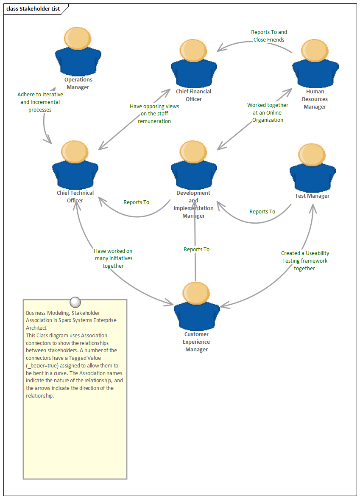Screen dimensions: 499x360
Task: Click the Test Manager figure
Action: pyautogui.click(x=313, y=166)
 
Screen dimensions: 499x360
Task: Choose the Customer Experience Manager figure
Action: pyautogui.click(x=197, y=306)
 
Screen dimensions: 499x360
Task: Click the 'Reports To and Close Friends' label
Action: pyautogui.click(x=269, y=36)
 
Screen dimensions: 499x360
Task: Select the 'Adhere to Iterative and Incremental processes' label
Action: pyautogui.click(x=40, y=102)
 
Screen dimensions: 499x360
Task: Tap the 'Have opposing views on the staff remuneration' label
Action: pyautogui.click(x=154, y=114)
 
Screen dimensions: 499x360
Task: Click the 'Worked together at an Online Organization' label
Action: pyautogui.click(x=268, y=112)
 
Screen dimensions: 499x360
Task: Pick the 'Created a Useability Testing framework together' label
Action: pyautogui.click(x=305, y=261)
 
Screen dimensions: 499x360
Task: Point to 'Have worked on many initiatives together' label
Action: pyautogui.click(x=113, y=258)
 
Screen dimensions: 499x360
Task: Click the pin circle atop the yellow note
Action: pyautogui.click(x=75, y=302)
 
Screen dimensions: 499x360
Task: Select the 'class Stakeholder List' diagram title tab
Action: pyautogui.click(x=33, y=9)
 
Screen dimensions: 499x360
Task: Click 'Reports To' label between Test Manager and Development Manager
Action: pyautogui.click(x=262, y=211)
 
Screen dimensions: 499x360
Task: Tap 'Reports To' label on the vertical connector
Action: pyautogui.click(x=196, y=249)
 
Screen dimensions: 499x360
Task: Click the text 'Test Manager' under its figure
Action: pyautogui.click(x=312, y=196)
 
